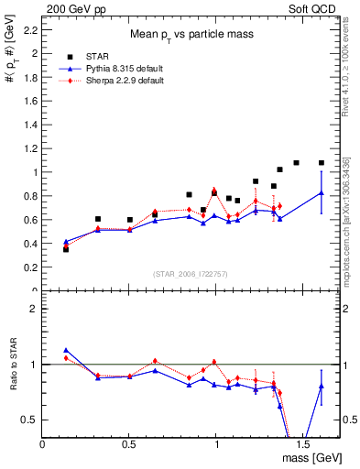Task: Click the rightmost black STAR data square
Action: pos(322,163)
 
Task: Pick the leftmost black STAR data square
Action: pos(66,249)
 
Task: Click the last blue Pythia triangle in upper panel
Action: pos(322,193)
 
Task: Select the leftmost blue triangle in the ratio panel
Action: pos(66,350)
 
